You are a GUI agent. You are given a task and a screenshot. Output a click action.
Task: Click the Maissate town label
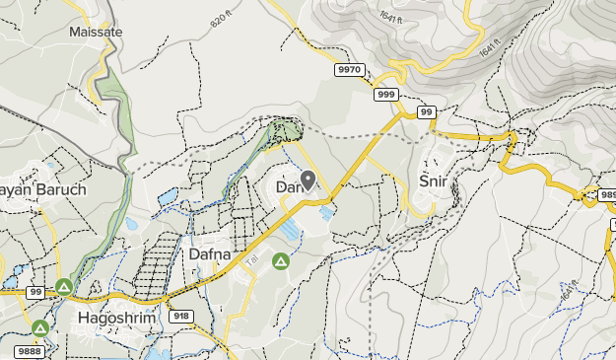point(96,32)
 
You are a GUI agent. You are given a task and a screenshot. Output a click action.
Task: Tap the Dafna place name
point(209,254)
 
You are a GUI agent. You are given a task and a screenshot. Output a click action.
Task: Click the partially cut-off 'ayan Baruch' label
point(44,189)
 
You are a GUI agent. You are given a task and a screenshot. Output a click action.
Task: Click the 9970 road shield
point(349,71)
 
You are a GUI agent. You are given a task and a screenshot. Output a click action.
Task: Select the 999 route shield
point(386,95)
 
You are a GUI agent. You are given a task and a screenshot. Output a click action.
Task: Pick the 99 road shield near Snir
point(426,112)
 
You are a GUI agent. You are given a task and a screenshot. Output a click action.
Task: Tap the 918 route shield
point(181,317)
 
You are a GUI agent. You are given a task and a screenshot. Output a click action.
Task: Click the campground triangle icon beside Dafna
point(280,261)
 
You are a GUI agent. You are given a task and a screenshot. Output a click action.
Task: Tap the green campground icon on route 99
point(64,287)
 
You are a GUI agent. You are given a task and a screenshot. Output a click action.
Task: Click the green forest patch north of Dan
point(286,129)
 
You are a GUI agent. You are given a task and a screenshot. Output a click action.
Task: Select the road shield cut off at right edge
point(605,196)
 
